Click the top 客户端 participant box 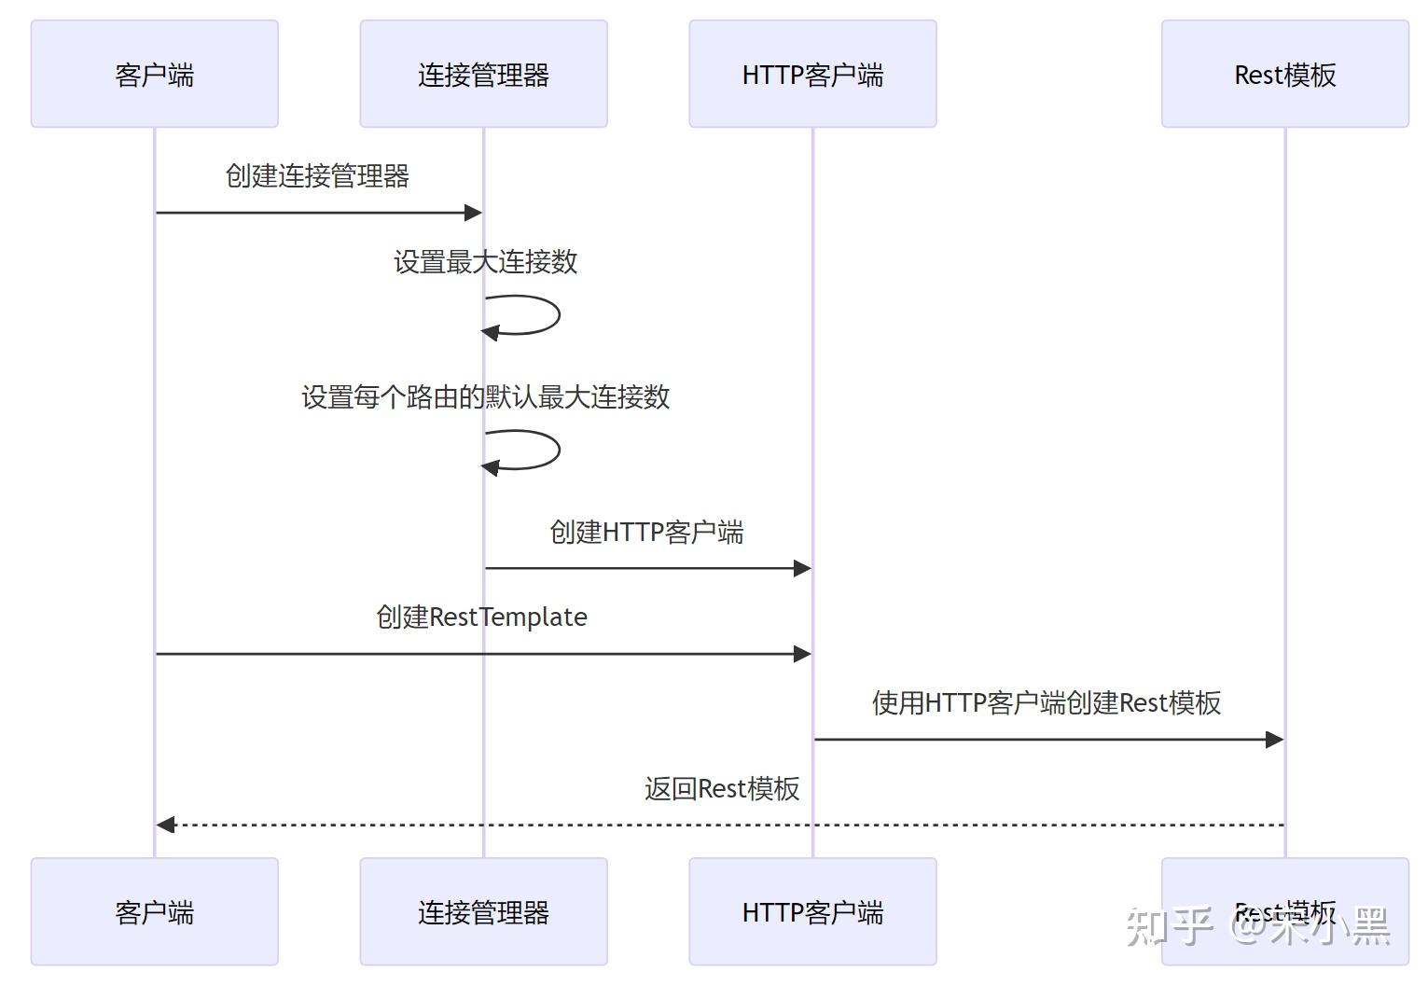[154, 74]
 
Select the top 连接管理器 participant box [483, 74]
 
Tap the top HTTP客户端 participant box [812, 74]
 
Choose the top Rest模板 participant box [1284, 74]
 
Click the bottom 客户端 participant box [154, 911]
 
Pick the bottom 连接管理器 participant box [483, 911]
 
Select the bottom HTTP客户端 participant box [812, 911]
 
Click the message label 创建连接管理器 [317, 175]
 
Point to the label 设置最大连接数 [485, 262]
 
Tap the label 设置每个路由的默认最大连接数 [485, 397]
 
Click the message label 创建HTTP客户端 [646, 532]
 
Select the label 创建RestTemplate [481, 617]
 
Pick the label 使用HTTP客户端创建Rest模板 [1047, 703]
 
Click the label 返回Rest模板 [722, 789]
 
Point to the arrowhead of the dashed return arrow [165, 825]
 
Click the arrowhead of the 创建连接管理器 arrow [473, 213]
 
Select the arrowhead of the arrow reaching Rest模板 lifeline [1274, 740]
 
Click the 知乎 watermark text [1169, 924]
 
